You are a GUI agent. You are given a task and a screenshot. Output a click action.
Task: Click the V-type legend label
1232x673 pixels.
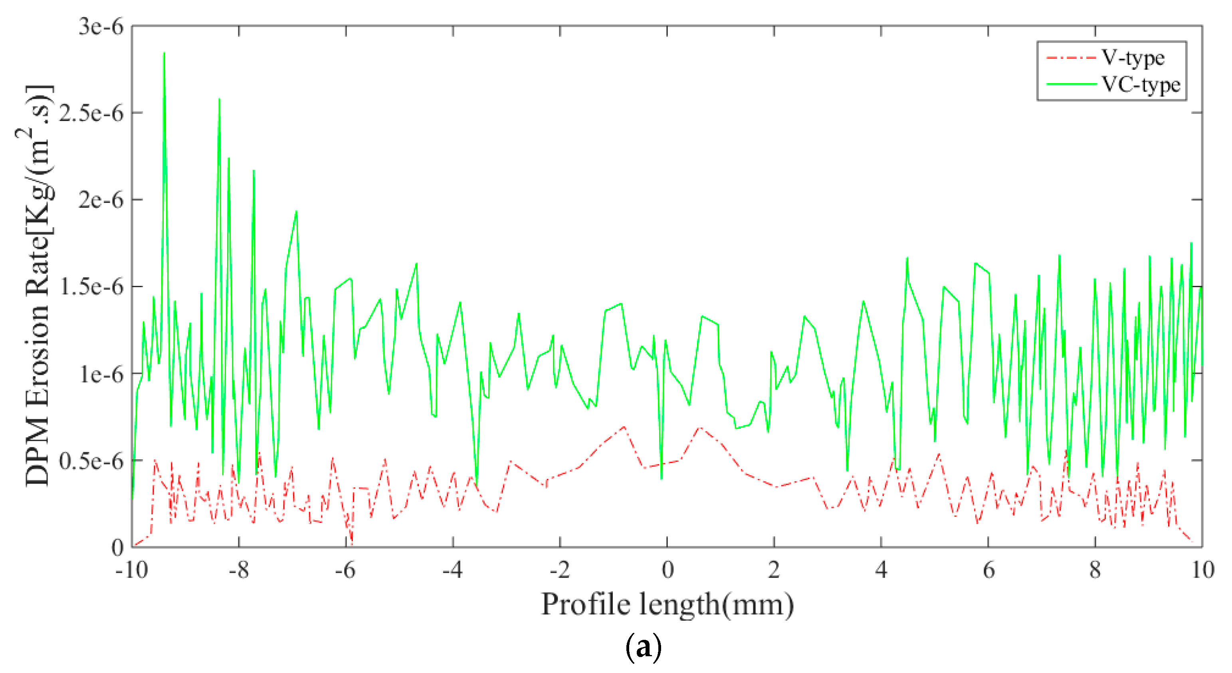tap(1133, 58)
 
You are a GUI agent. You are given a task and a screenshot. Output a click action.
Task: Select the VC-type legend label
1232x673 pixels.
tap(1141, 85)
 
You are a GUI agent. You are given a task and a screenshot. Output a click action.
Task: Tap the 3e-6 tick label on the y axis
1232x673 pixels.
tap(101, 26)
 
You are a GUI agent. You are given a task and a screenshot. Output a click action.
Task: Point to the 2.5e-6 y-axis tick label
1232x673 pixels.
tap(91, 113)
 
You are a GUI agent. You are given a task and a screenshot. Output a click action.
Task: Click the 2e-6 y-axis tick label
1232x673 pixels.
tap(101, 200)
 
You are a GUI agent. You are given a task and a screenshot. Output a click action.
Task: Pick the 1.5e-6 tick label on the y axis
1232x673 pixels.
tap(91, 287)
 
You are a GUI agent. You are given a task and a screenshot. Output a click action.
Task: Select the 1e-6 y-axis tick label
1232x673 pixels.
tap(101, 374)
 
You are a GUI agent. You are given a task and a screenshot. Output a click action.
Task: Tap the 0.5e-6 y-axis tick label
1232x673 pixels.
tap(91, 461)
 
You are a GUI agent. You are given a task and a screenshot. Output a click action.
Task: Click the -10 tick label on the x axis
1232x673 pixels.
tap(131, 570)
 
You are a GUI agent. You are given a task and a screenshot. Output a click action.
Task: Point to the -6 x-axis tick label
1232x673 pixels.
tap(345, 570)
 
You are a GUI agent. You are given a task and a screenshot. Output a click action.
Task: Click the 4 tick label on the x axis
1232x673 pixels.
tap(881, 570)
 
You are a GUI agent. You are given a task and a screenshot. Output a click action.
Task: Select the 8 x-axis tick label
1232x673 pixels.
tap(1095, 570)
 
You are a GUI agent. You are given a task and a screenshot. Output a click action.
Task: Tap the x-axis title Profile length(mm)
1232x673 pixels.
tap(667, 605)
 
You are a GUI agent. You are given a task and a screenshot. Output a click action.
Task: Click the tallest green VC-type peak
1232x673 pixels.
tap(164, 54)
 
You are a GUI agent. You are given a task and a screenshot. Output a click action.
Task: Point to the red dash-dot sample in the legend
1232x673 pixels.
tap(1071, 58)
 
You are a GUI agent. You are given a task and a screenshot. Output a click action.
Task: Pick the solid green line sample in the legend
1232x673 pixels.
tap(1071, 84)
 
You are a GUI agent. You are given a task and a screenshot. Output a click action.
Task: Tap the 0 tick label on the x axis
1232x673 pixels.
tap(667, 570)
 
